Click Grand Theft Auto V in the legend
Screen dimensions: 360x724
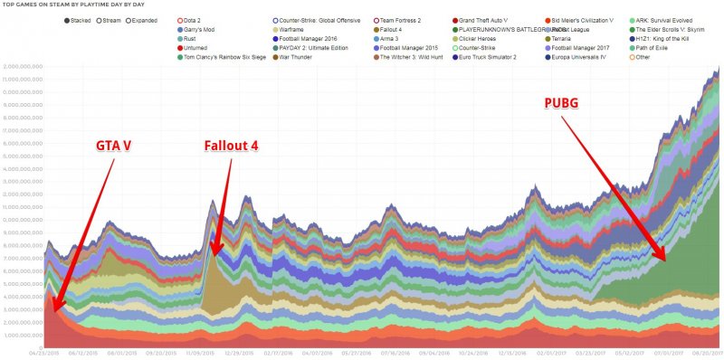[485, 19]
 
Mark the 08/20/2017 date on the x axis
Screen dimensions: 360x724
[702, 353]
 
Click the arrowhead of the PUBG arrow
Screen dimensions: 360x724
[666, 259]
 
